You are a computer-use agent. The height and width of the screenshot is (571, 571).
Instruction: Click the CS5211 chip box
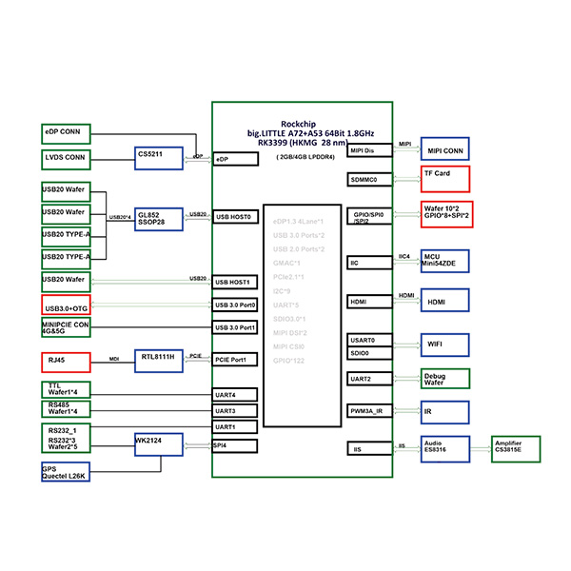tap(159, 158)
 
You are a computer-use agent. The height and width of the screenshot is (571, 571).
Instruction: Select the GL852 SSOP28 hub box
tap(159, 218)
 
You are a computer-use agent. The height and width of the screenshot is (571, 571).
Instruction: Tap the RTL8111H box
tap(159, 359)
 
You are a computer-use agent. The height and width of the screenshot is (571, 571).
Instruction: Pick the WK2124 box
tap(159, 444)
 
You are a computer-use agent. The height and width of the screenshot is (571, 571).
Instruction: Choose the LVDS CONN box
tap(66, 158)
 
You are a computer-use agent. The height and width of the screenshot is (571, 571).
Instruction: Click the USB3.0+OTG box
tap(66, 306)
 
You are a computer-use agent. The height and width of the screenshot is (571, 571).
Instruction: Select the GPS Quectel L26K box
tap(66, 472)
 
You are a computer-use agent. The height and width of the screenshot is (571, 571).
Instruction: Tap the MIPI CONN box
tap(445, 151)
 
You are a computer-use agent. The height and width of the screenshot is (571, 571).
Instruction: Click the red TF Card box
tap(445, 178)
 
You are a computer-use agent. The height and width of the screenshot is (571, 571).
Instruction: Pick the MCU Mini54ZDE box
tap(445, 262)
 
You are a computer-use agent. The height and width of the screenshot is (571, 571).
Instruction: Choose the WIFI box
tap(445, 345)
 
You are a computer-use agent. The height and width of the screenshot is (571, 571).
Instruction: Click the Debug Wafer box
tap(445, 379)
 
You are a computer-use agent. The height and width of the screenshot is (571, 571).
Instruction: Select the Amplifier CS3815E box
tap(514, 446)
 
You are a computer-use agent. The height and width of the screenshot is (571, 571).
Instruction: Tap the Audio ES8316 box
tap(445, 446)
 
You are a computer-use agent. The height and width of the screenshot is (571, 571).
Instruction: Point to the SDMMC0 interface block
tap(369, 179)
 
